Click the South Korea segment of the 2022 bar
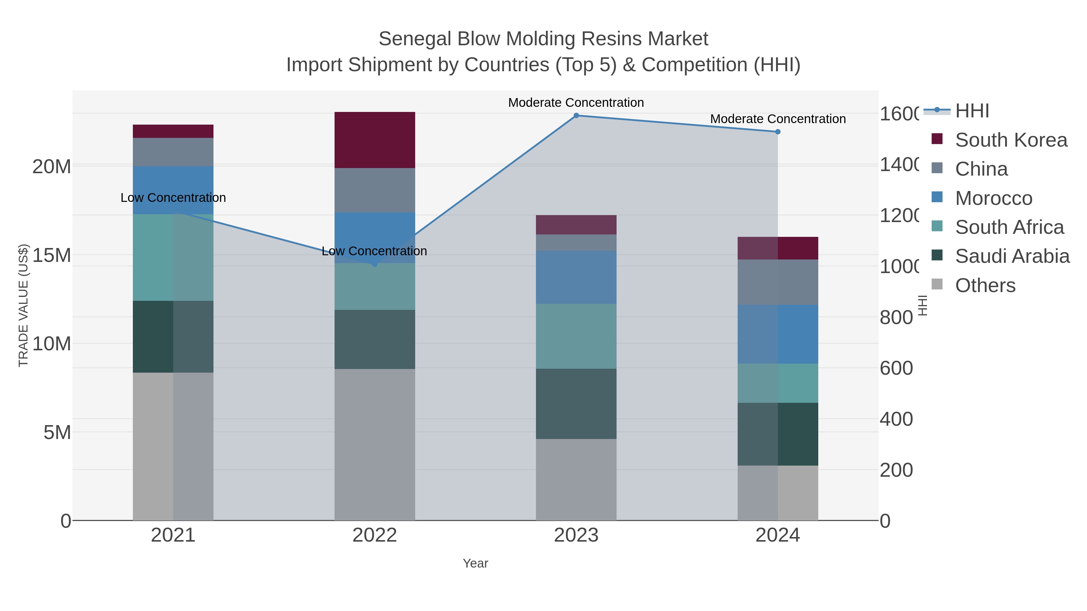[x=375, y=140]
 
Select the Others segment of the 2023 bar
[x=576, y=479]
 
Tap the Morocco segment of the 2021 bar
[x=173, y=190]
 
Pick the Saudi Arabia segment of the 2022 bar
[x=375, y=339]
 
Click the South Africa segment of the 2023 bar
[x=576, y=336]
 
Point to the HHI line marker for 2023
[x=576, y=115]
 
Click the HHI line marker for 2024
[x=778, y=132]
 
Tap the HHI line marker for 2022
[x=375, y=264]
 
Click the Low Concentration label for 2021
[x=173, y=197]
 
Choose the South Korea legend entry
[x=1011, y=140]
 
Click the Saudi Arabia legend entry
[x=1012, y=256]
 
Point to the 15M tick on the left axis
[x=51, y=255]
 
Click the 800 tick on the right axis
[x=896, y=317]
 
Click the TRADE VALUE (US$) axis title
[x=23, y=305]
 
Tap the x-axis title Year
[x=475, y=563]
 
